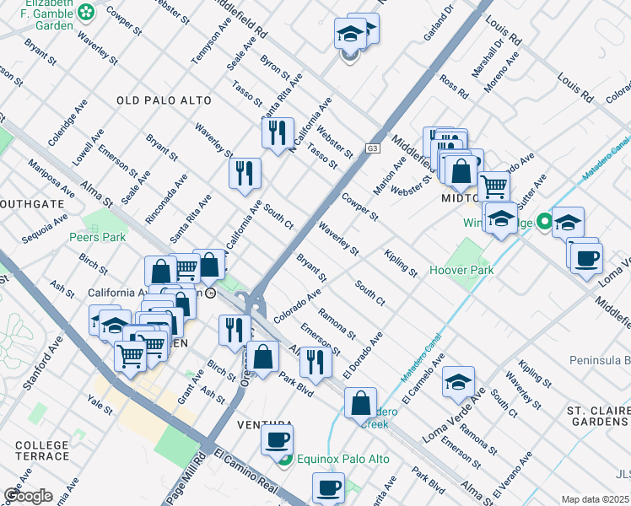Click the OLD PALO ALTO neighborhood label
[x=164, y=100]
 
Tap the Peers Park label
[x=98, y=237]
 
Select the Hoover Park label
[x=461, y=271]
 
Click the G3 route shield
[x=372, y=148]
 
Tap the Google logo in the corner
[x=28, y=496]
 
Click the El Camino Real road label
[x=245, y=473]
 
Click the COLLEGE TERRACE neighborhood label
[x=42, y=450]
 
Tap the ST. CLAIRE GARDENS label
[x=598, y=416]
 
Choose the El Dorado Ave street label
[x=364, y=354]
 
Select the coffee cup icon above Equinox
[x=277, y=439]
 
